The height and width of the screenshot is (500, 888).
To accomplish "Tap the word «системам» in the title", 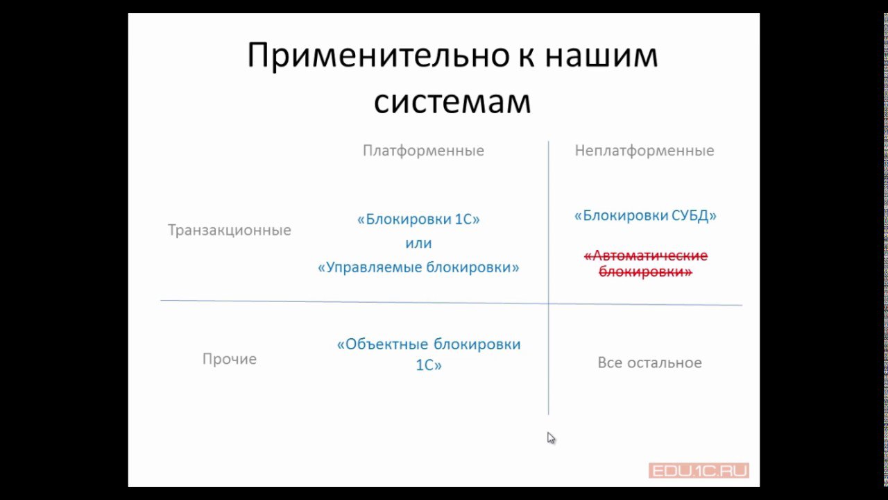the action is [x=452, y=101].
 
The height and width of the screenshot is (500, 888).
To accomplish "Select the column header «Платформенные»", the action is [x=423, y=151].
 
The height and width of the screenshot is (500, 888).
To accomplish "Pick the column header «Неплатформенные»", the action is [x=644, y=151].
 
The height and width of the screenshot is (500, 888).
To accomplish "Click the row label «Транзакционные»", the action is [x=230, y=230].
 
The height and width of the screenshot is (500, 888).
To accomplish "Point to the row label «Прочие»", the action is [x=230, y=359].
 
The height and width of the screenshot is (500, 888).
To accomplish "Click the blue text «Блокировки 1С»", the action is [x=418, y=219].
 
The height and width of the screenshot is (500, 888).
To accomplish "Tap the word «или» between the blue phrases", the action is [x=418, y=243].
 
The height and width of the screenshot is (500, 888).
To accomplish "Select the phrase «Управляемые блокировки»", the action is [x=418, y=267].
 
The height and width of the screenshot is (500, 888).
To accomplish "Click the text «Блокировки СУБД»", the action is [x=645, y=215].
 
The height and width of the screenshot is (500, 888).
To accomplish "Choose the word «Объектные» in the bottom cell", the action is [x=382, y=344].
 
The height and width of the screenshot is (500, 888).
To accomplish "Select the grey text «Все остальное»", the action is [x=650, y=362].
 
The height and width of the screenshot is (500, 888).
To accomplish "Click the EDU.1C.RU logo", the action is [x=699, y=471].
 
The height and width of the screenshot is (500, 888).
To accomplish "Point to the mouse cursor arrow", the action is [x=551, y=438].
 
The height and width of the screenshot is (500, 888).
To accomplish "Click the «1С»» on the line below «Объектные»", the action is [x=429, y=365].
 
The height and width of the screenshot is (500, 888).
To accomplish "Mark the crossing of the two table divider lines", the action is [x=549, y=303].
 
